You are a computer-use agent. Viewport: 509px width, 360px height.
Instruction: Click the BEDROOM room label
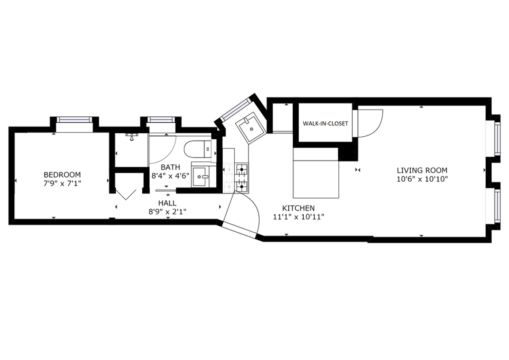pos(62,174)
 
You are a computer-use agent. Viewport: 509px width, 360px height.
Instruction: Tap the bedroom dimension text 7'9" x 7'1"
pos(62,183)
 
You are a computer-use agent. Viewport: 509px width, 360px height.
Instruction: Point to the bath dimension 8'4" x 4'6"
pos(170,176)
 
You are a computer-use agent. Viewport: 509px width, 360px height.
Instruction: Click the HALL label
pos(167,203)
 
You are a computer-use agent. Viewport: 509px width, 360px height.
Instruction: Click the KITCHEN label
pos(298,208)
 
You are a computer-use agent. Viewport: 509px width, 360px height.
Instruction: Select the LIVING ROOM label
pos(422,170)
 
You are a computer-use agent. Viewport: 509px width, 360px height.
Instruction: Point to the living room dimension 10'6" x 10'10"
pos(422,179)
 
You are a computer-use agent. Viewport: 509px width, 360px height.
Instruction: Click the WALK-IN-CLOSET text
pos(325,124)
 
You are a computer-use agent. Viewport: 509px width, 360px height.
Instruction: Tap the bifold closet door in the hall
pos(126,195)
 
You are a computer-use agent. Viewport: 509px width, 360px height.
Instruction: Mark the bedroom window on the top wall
pos(74,120)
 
